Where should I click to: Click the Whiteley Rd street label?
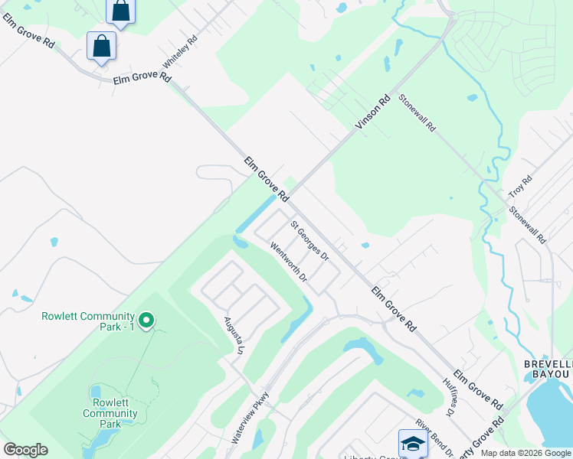click(181, 50)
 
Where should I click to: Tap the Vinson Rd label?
click(373, 111)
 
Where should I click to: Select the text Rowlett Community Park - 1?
click(88, 321)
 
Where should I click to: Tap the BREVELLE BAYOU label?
click(547, 369)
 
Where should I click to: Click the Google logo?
click(26, 450)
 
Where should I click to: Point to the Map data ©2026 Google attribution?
click(526, 453)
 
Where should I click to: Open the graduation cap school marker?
click(412, 444)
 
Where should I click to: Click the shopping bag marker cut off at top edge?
click(121, 11)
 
